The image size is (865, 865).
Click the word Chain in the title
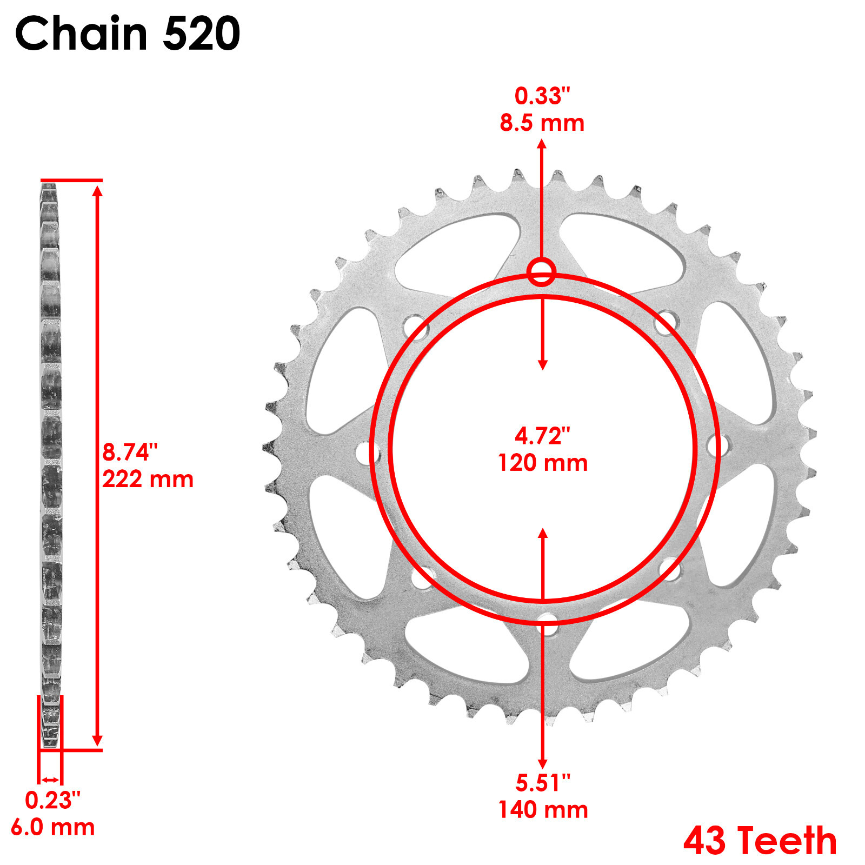(x=81, y=34)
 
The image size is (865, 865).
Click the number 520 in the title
(x=201, y=34)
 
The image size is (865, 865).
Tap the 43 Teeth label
(x=760, y=841)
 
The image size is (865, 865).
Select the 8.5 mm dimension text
(x=542, y=123)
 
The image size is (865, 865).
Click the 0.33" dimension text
(x=542, y=96)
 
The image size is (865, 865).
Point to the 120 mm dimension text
(x=542, y=463)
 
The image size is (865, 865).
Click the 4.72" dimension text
(x=542, y=436)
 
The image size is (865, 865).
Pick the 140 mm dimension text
(x=543, y=809)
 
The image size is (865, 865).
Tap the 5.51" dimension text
(x=543, y=782)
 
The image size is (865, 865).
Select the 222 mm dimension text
(x=148, y=480)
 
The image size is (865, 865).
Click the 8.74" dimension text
(x=130, y=452)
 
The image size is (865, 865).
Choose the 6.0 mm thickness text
(x=52, y=827)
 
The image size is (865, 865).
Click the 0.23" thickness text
(x=52, y=801)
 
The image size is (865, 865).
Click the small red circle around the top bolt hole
(x=541, y=272)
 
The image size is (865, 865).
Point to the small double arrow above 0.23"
(x=50, y=780)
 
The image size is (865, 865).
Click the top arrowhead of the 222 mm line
(x=97, y=190)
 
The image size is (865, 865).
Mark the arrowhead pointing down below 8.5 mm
(x=542, y=365)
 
